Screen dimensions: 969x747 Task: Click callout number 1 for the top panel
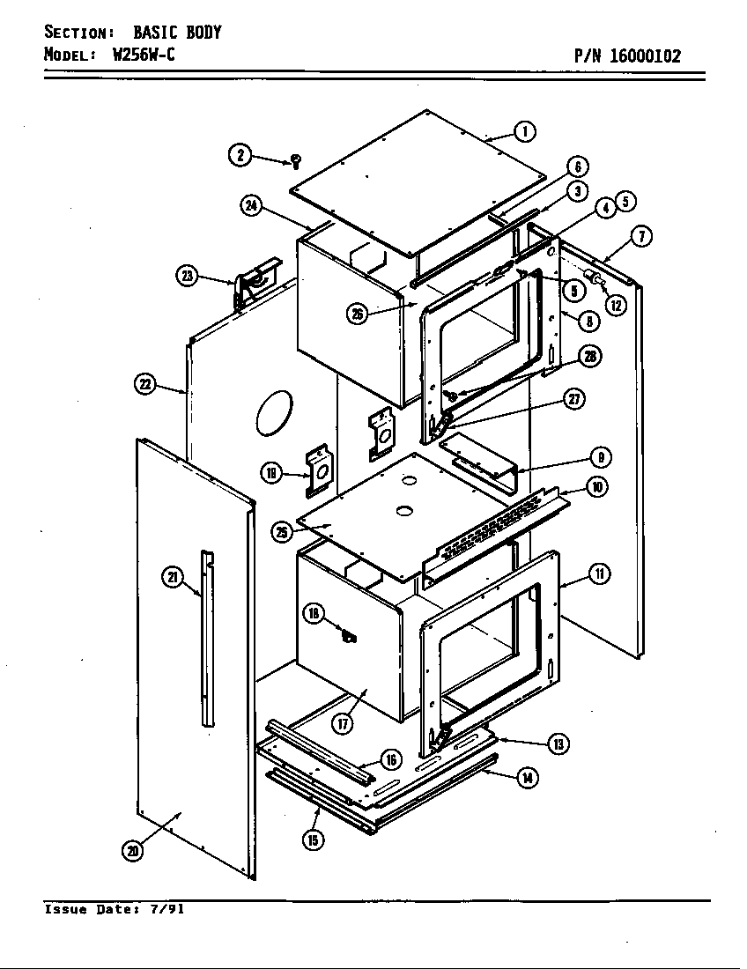pos(525,132)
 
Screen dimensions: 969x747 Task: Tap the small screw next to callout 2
pos(296,160)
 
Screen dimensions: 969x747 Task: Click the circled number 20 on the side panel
pos(132,850)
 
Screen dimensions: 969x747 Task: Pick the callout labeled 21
pos(173,578)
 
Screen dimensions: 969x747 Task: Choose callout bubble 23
pos(188,276)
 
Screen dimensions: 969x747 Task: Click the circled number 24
pos(251,206)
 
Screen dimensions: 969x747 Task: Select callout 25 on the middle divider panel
pos(282,531)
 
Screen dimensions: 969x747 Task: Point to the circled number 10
pos(597,486)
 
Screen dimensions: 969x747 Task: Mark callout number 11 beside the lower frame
pos(599,575)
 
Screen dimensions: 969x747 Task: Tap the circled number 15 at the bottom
pos(313,840)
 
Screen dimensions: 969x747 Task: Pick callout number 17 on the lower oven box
pos(342,723)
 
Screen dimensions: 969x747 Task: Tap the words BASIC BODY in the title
pos(177,33)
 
